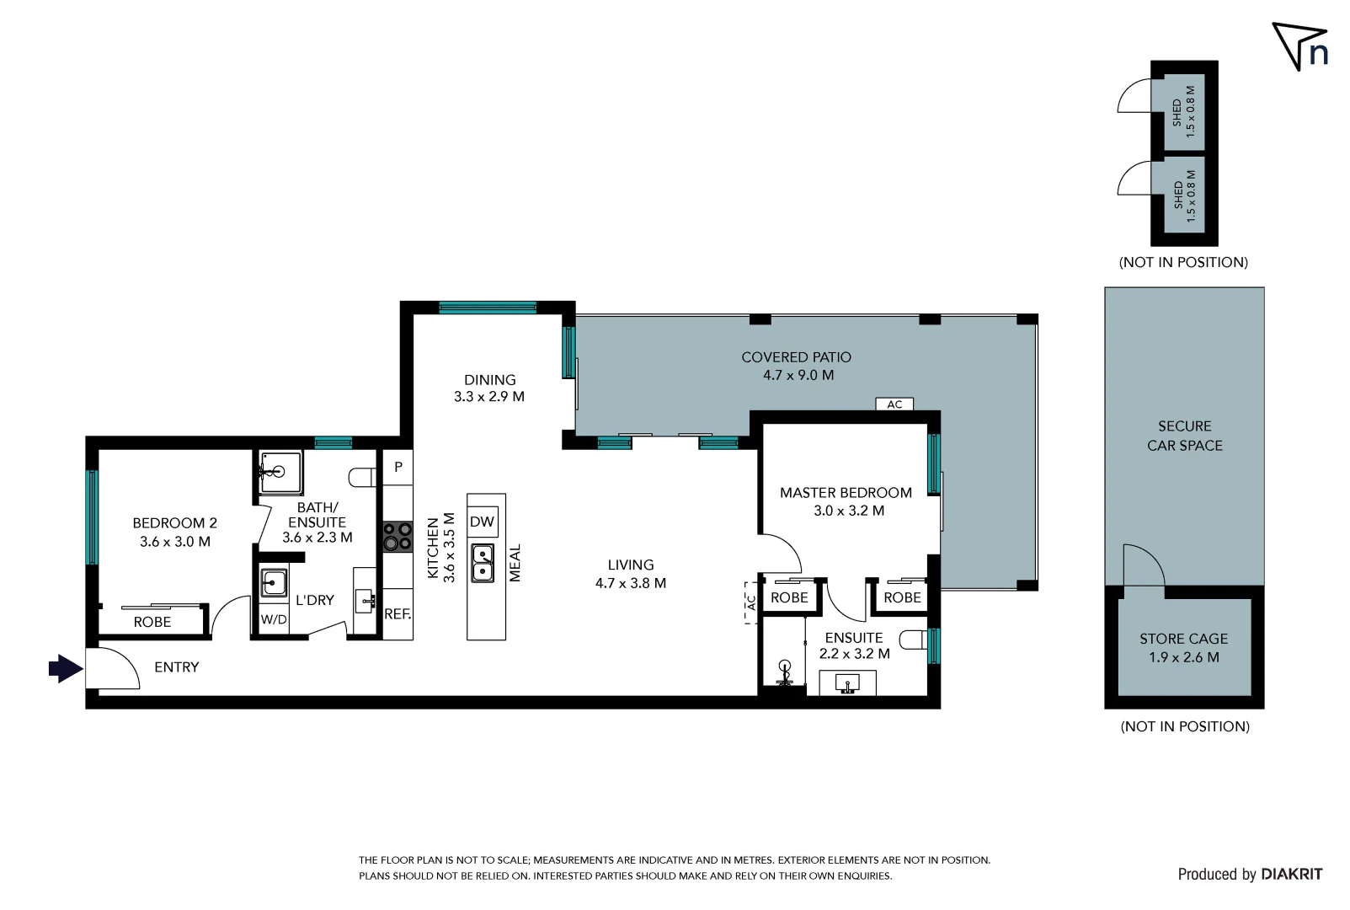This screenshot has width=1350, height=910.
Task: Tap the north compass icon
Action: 1300,47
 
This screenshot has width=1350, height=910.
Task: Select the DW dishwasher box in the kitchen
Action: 483,522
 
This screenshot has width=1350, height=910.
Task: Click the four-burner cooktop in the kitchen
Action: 398,537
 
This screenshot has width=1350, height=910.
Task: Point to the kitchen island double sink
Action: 483,564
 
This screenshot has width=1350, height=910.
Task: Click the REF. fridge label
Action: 398,614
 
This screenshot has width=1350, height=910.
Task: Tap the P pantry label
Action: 398,467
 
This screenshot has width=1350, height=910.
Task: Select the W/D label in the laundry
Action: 274,619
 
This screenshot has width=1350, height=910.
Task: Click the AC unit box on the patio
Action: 894,404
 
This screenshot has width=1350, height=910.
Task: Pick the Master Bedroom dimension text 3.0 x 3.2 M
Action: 849,511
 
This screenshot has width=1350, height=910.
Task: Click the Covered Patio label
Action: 796,357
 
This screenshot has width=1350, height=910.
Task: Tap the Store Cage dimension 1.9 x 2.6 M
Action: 1183,657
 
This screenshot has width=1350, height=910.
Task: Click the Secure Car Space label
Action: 1184,436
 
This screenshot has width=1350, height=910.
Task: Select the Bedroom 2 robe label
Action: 152,622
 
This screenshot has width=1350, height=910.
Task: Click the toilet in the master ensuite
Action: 913,640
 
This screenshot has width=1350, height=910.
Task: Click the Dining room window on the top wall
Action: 488,308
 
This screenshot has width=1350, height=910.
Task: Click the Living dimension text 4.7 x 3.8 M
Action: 631,583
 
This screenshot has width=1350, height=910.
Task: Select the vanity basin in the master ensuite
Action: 848,682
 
